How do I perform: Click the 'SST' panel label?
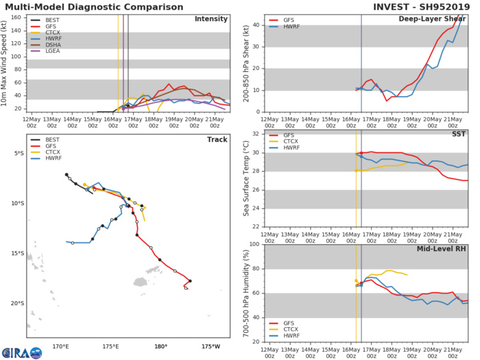457,134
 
